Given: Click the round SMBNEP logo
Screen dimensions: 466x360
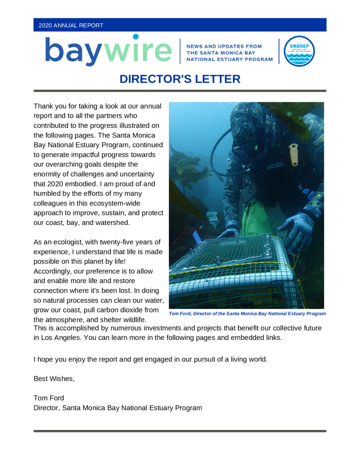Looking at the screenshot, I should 299,51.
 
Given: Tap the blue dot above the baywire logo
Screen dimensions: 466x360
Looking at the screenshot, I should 136,36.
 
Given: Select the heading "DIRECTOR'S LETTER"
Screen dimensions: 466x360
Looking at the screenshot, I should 180,79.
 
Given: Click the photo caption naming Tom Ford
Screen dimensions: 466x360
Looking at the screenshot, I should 247,314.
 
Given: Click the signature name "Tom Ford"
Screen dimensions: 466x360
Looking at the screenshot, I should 49,398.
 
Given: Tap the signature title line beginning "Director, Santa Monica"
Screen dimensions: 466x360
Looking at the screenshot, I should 117,408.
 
